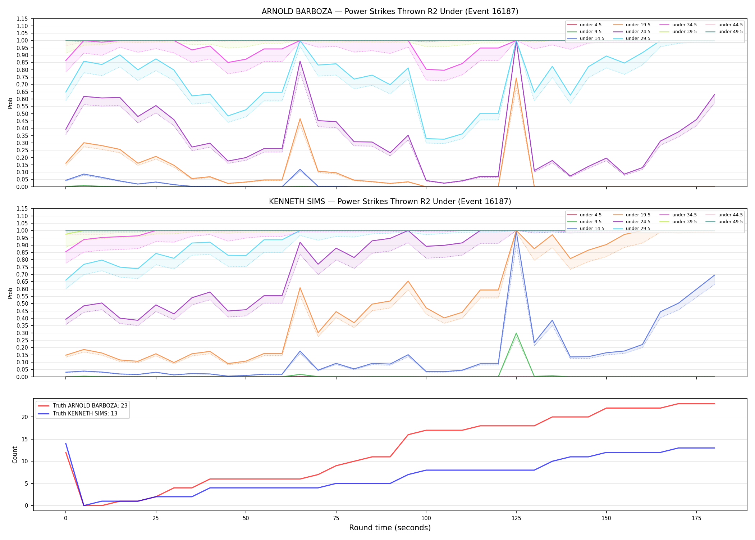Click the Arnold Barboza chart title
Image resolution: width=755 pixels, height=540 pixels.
pyautogui.click(x=390, y=12)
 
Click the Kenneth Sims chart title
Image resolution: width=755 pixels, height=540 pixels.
pyautogui.click(x=390, y=202)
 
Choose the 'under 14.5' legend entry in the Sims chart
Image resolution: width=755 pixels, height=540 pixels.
pyautogui.click(x=586, y=229)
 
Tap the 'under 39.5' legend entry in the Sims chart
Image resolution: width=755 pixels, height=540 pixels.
pyautogui.click(x=678, y=222)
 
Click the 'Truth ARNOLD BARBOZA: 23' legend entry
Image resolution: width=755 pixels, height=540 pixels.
pyautogui.click(x=83, y=406)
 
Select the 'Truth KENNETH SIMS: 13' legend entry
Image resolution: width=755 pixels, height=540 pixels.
pyautogui.click(x=78, y=414)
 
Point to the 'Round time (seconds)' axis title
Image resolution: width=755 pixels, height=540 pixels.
pyautogui.click(x=390, y=528)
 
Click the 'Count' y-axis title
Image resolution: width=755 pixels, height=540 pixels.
pyautogui.click(x=15, y=455)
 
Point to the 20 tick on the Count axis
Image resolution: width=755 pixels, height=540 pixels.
pyautogui.click(x=25, y=417)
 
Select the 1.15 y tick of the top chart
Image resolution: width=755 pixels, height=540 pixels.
pyautogui.click(x=22, y=19)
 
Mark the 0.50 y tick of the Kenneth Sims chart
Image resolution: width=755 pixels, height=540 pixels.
pyautogui.click(x=22, y=304)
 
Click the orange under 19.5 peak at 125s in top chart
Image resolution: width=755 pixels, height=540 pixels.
pyautogui.click(x=516, y=78)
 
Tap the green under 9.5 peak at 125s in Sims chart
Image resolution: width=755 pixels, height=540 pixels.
pyautogui.click(x=516, y=333)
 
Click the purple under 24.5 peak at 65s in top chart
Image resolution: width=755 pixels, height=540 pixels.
pyautogui.click(x=300, y=61)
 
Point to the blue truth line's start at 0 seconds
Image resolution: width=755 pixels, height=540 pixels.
pyautogui.click(x=66, y=444)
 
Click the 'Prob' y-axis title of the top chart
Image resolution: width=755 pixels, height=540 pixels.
pyautogui.click(x=10, y=103)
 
